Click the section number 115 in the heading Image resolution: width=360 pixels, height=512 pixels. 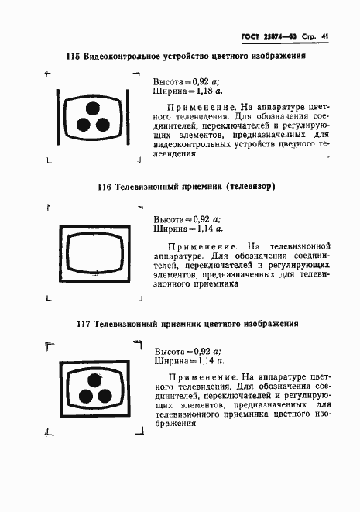coord(74,57)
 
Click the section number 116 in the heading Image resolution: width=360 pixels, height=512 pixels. coord(105,187)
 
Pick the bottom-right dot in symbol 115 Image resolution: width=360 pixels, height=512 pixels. coord(103,124)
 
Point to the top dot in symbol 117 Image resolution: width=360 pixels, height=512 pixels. coord(94,380)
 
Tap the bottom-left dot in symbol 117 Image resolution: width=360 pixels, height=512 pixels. coord(83,395)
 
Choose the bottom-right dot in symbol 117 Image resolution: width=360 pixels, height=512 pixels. coord(104,395)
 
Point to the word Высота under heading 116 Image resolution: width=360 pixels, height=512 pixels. coord(168,219)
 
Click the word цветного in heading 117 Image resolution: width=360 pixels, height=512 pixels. coord(226,324)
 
